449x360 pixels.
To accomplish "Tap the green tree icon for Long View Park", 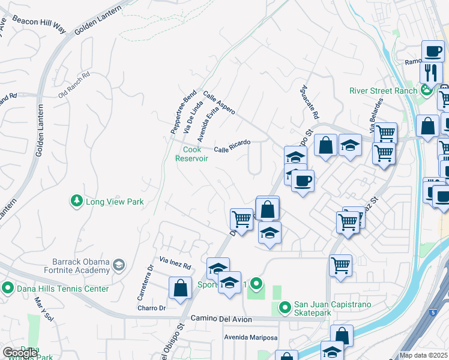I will pos(76,202).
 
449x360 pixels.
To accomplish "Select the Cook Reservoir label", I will pos(191,154).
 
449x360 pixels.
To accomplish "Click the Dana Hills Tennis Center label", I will pos(62,289).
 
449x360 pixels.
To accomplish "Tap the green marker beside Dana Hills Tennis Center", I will pos(8,288).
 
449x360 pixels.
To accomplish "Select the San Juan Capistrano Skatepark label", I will pos(332,309).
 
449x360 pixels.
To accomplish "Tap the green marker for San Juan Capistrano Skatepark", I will pos(285,308).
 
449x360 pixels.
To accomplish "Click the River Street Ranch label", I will pos(383,91).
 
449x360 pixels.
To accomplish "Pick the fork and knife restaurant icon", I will pos(431,73).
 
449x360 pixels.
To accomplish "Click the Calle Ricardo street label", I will pos(232,146).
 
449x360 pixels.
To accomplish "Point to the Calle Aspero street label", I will pos(218,103).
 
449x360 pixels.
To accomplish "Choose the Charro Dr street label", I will pos(163,308).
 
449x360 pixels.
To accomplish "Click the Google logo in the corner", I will pos(20,352).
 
